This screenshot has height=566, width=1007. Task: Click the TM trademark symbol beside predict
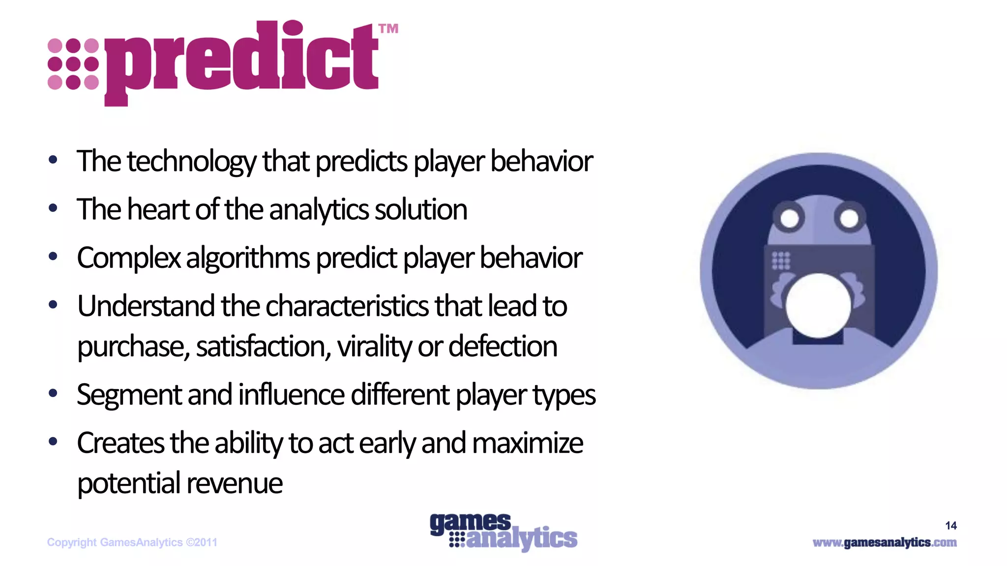pyautogui.click(x=388, y=29)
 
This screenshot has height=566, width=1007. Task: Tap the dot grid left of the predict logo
pyautogui.click(x=73, y=64)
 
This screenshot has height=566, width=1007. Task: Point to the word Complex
pyautogui.click(x=129, y=257)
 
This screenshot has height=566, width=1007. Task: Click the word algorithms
pyautogui.click(x=248, y=257)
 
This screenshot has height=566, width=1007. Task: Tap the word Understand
pyautogui.click(x=146, y=306)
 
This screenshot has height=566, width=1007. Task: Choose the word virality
pyautogui.click(x=375, y=346)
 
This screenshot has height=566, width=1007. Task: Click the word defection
pyautogui.click(x=503, y=346)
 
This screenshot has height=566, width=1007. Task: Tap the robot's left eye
pyautogui.click(x=790, y=218)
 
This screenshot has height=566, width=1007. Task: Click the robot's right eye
pyautogui.click(x=849, y=218)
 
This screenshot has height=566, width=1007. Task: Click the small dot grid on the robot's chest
pyautogui.click(x=780, y=260)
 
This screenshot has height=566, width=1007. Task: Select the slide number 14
pyautogui.click(x=950, y=526)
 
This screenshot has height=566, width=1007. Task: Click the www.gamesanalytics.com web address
pyautogui.click(x=885, y=542)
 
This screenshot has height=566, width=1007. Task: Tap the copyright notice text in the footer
pyautogui.click(x=132, y=542)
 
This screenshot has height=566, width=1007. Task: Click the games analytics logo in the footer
pyautogui.click(x=503, y=532)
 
